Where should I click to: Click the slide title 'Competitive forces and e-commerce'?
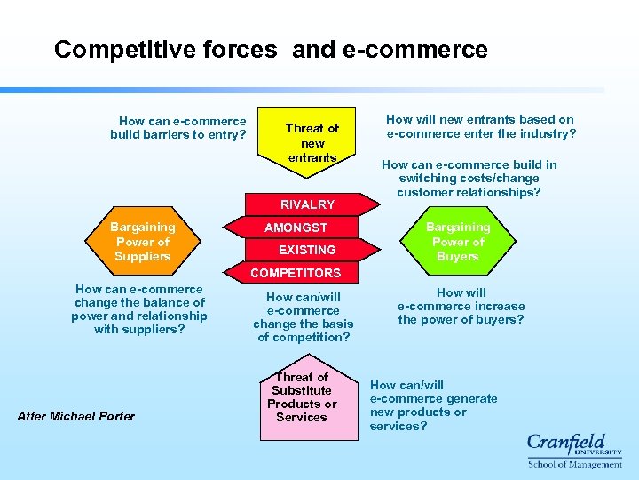pyautogui.click(x=271, y=50)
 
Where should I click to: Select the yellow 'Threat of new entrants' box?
pyautogui.click(x=312, y=143)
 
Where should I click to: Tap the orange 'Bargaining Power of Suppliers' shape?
pyautogui.click(x=142, y=242)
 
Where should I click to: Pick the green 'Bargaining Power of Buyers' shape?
pyautogui.click(x=457, y=242)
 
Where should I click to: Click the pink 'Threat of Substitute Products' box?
pyautogui.click(x=302, y=397)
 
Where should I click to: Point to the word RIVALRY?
pyautogui.click(x=307, y=204)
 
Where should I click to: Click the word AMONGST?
pyautogui.click(x=296, y=228)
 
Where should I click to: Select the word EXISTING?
pyautogui.click(x=307, y=250)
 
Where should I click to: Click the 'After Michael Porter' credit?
pyautogui.click(x=76, y=416)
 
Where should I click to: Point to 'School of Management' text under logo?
pyautogui.click(x=574, y=464)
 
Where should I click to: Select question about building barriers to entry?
pyautogui.click(x=178, y=128)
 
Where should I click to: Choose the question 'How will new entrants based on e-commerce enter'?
pyautogui.click(x=480, y=126)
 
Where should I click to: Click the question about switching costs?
pyautogui.click(x=469, y=179)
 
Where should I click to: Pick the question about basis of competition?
pyautogui.click(x=303, y=317)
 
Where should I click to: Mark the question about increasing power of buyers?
pyautogui.click(x=461, y=306)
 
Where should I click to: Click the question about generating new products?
pyautogui.click(x=433, y=405)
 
